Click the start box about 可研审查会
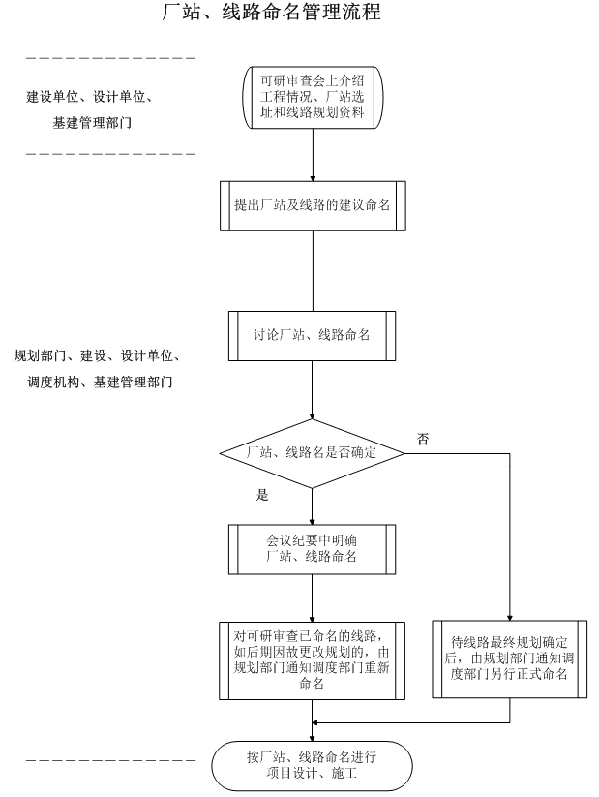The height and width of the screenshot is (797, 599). (x=313, y=94)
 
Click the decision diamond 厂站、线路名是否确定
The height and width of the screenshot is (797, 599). (x=312, y=453)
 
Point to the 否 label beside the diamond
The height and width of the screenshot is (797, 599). (x=423, y=439)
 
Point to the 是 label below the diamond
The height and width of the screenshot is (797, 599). (x=261, y=495)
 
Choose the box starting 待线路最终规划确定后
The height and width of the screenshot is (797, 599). (x=509, y=659)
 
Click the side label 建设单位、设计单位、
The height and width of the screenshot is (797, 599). (x=90, y=98)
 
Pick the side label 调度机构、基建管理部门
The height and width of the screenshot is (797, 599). (x=100, y=383)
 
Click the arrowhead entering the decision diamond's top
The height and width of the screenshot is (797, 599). (x=312, y=414)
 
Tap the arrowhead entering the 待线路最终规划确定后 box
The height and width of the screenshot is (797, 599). (x=509, y=616)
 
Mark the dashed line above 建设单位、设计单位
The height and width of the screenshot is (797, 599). (x=111, y=59)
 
